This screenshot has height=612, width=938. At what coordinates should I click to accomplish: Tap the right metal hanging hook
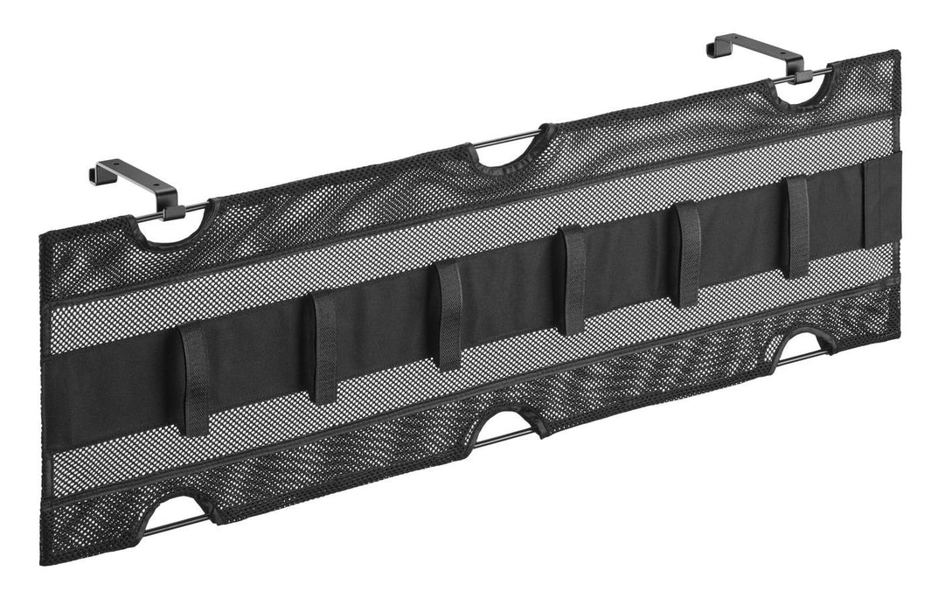coord(755,50)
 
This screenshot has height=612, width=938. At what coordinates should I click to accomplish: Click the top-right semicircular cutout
coord(799,87)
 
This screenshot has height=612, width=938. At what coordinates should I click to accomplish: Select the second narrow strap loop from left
coord(324,347)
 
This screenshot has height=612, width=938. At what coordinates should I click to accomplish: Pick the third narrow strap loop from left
coord(448,316)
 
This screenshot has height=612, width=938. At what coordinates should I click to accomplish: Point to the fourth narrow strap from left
coord(573,281)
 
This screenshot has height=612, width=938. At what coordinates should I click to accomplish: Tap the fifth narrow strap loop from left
coord(688,254)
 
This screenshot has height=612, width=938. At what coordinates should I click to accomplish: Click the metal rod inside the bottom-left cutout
coord(175,523)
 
